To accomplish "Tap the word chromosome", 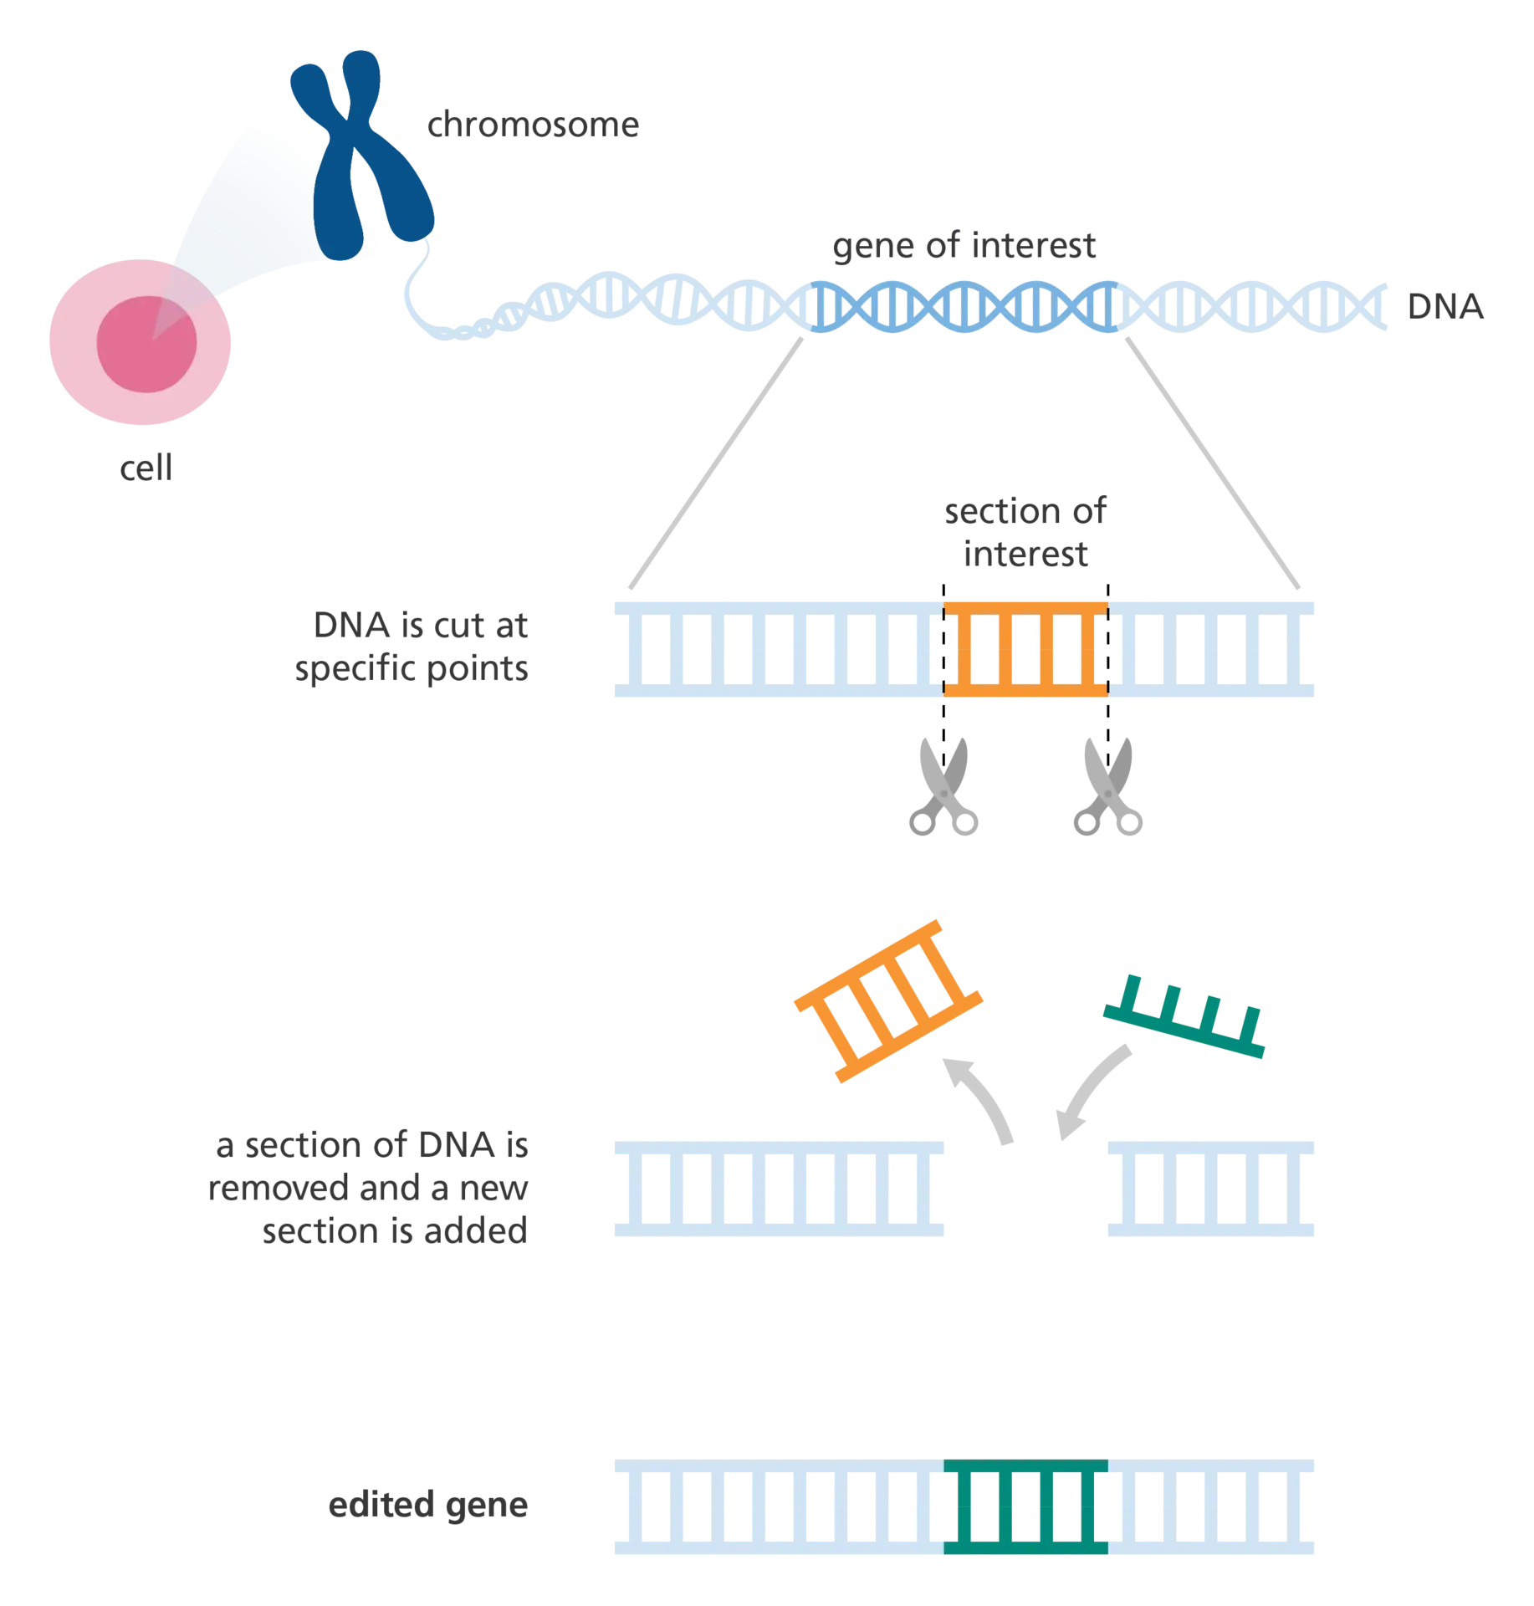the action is tap(533, 124).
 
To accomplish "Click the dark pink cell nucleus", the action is tap(146, 344).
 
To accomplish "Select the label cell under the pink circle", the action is tap(146, 468).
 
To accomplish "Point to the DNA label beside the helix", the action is tap(1445, 306).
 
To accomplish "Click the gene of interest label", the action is tap(964, 245).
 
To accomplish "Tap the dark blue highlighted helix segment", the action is tap(964, 307).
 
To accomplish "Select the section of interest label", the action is tap(1025, 531).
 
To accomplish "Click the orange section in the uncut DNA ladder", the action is tap(1025, 649).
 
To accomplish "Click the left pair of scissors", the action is tap(943, 786).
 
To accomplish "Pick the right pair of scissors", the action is tap(1108, 786).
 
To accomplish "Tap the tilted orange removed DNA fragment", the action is tap(888, 1001).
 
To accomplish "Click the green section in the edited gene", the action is tap(1025, 1506).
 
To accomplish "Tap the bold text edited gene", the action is tap(427, 1505).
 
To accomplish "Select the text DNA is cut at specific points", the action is tap(411, 646).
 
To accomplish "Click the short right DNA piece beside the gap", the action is tap(1210, 1189).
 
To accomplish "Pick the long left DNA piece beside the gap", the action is tap(779, 1189).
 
